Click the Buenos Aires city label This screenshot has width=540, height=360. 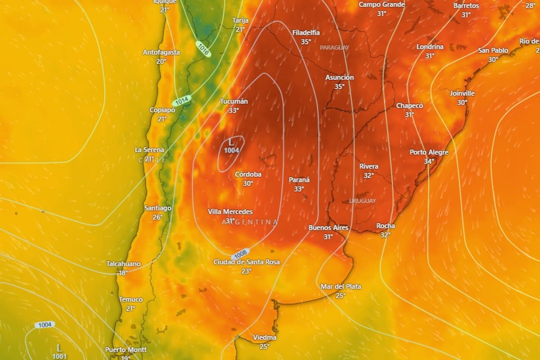pos(328,228)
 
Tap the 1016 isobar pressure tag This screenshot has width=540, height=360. pos(203,49)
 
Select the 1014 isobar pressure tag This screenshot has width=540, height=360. pos(182,101)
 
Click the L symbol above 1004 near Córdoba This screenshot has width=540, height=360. pos(231,142)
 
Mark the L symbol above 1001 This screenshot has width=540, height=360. pos(59,347)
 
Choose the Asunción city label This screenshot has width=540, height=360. pos(339,77)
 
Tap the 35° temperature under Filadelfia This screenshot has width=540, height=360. pos(306,41)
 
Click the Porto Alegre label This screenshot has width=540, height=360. pos(429,152)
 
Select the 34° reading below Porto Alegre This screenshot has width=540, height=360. pos(429,161)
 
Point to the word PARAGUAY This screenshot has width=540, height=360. pos(334,47)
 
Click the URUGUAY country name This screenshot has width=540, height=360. pos(362,201)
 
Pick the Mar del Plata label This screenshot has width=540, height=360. pos(341,286)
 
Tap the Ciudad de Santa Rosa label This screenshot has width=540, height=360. pos(247,262)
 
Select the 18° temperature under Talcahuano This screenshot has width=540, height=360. pos(123,272)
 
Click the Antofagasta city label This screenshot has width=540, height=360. pos(161,52)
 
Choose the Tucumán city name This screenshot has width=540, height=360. pos(234,101)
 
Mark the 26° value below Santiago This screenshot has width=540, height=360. pos(157,217)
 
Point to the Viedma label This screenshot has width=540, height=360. pos(265,337)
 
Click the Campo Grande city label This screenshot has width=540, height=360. pos(382,4)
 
